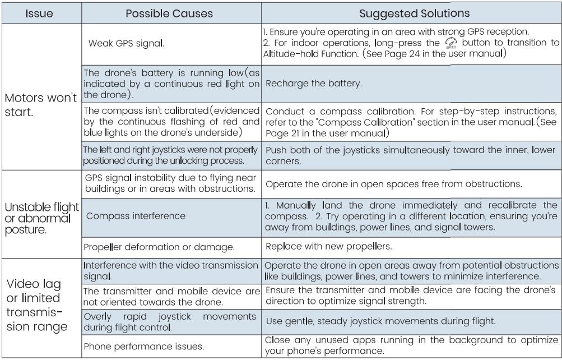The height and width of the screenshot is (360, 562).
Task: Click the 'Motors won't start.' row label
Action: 41,104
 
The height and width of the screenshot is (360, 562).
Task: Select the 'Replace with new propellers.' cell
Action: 328,246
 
